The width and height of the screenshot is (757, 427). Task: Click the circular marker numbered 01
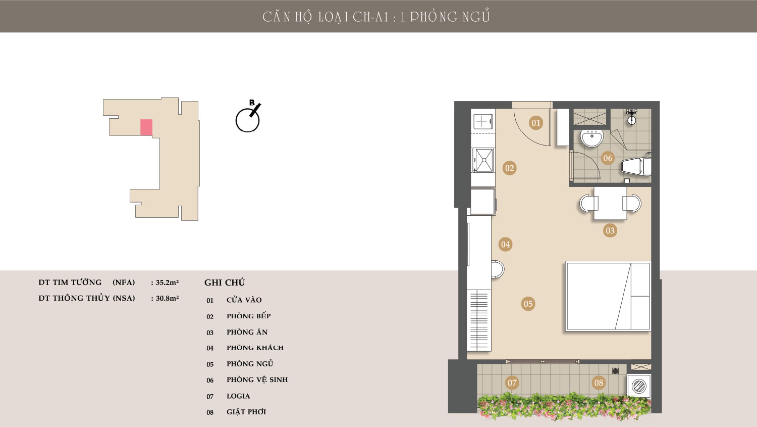[x=536, y=123]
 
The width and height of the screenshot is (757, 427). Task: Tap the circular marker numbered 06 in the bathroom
[x=608, y=158]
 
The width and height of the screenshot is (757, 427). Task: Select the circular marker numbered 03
[x=610, y=231]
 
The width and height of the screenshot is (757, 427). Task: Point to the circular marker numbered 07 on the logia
[x=512, y=383]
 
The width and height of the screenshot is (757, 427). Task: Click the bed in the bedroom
[x=608, y=296]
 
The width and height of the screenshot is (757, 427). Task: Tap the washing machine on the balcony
[x=639, y=386]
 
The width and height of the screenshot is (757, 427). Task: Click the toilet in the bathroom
[x=636, y=166]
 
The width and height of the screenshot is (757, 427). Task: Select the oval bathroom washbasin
[x=592, y=138]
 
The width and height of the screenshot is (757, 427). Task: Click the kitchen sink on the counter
[x=483, y=160]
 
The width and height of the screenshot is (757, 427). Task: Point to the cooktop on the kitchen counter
[x=483, y=121]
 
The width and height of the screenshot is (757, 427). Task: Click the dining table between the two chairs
[x=610, y=203]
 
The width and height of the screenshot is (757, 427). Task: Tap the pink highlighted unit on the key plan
[x=146, y=127]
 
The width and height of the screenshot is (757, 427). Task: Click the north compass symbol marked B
[x=248, y=117]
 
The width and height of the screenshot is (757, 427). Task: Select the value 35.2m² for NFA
[x=167, y=282]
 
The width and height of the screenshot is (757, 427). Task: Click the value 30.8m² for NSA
[x=167, y=298]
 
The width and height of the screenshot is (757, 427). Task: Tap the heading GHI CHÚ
[x=225, y=282]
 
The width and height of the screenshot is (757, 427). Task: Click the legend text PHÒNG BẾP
[x=249, y=316]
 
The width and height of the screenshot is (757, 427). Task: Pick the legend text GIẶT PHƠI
[x=246, y=412]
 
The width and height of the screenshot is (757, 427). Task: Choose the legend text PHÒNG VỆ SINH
[x=257, y=379]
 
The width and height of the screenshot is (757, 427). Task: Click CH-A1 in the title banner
[x=371, y=17]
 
